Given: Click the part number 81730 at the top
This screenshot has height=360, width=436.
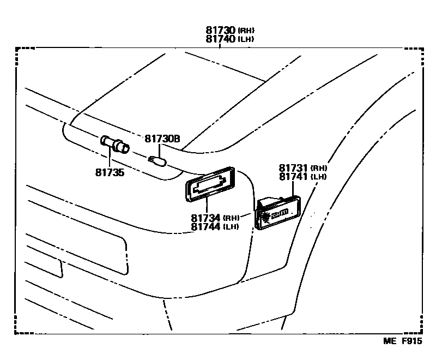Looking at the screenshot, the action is coord(221,31).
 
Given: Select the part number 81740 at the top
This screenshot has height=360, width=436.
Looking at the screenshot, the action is coord(221,39).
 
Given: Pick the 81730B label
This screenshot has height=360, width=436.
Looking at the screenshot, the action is coord(162,139).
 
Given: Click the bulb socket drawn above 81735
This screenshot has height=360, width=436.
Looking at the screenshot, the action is coord(115,145).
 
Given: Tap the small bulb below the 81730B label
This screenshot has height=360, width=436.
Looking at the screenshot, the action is coord(157,160).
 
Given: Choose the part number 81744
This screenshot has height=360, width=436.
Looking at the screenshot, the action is coord(205,226).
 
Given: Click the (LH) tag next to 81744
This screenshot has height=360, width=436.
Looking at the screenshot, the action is coord(231,227).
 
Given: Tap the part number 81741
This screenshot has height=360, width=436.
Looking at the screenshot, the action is coord(294,177).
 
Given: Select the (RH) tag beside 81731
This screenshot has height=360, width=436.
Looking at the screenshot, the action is coord(319,168).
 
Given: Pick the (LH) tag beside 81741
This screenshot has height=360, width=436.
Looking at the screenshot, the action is coord(319,177).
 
